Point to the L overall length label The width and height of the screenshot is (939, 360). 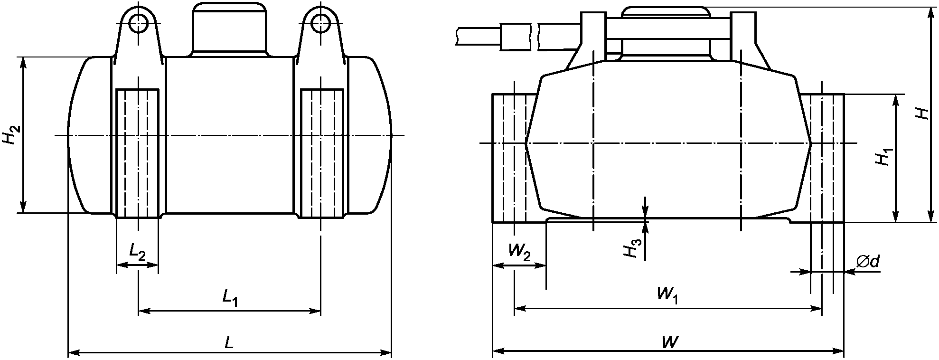(x=229, y=342)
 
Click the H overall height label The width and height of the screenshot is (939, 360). (x=922, y=114)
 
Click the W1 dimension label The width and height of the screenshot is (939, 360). (x=667, y=295)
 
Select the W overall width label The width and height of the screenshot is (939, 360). (x=669, y=341)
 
